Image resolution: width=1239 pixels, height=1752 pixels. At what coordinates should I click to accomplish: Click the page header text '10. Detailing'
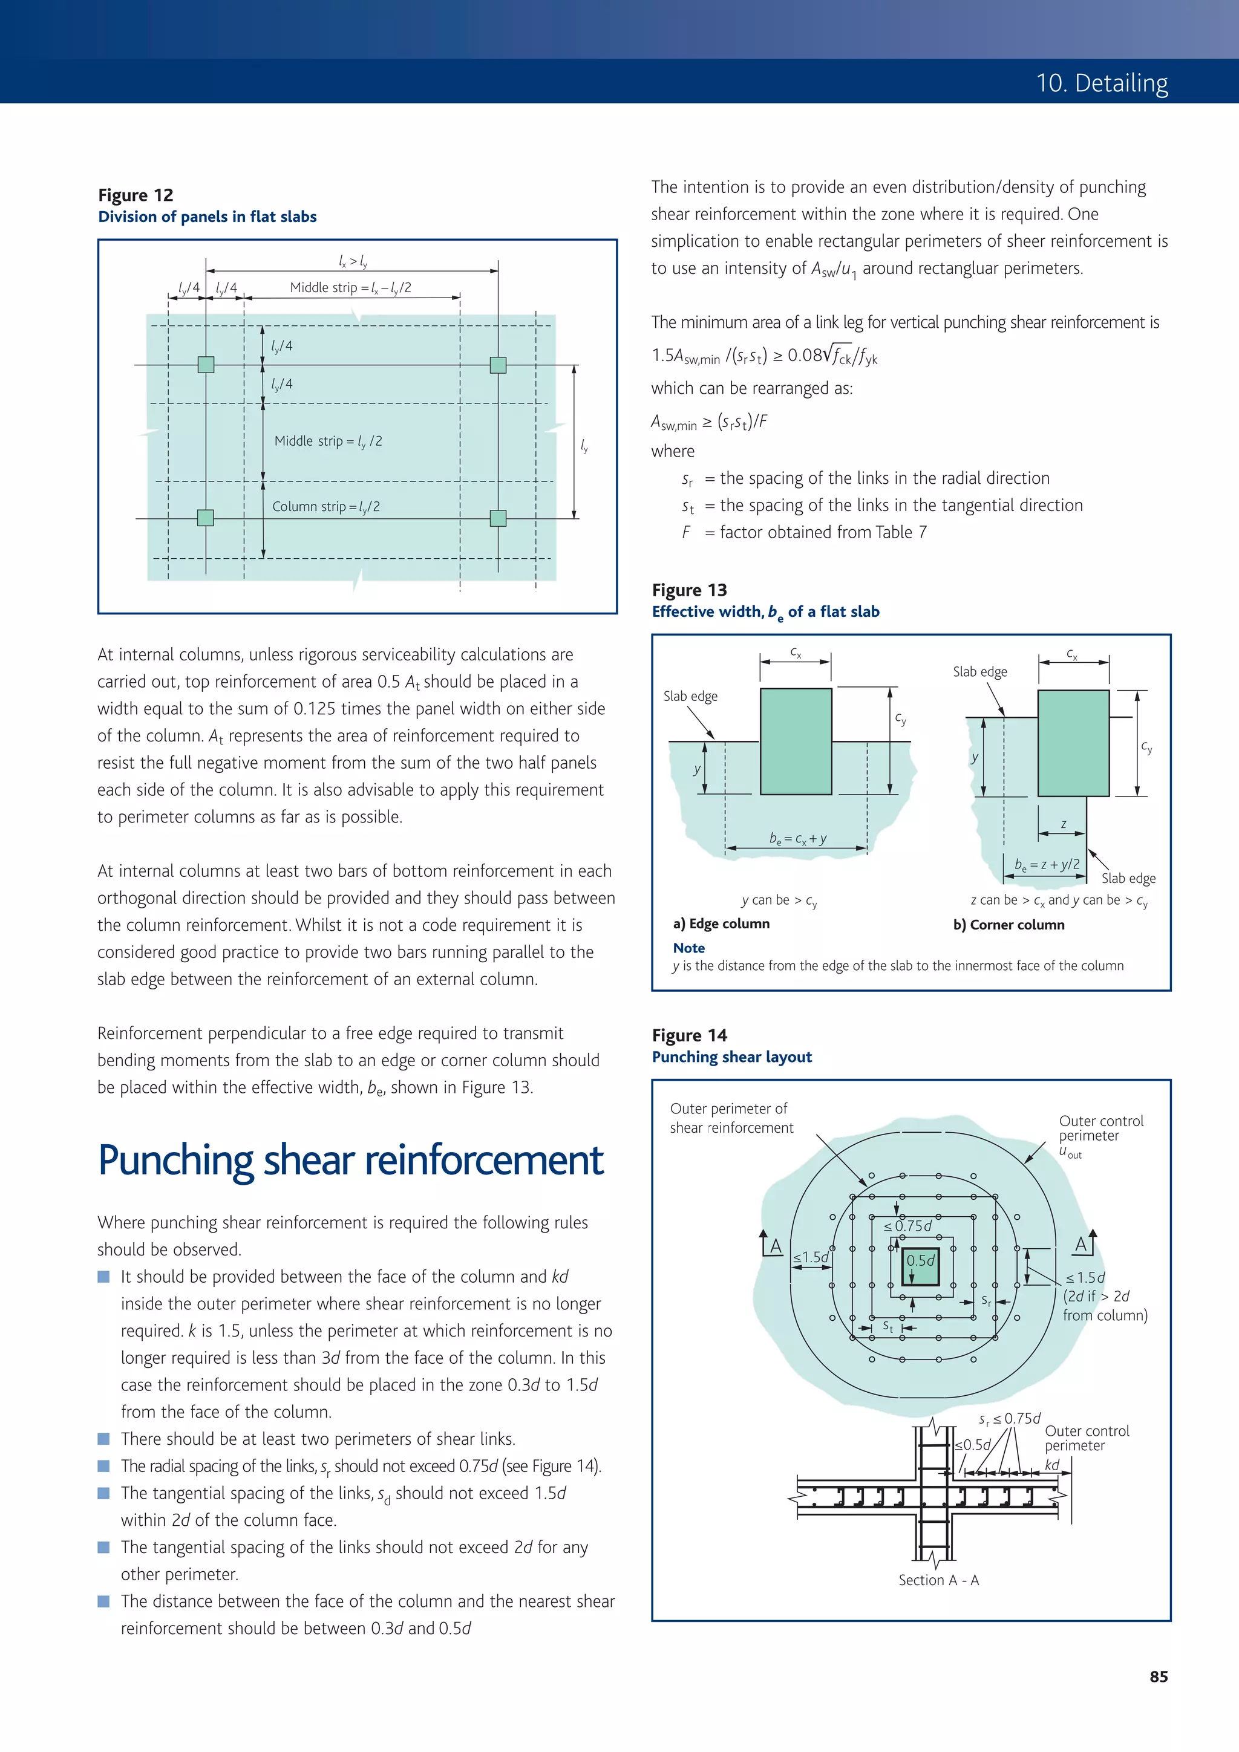[x=1102, y=82]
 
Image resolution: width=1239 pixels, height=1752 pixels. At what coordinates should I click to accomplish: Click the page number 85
[x=1158, y=1676]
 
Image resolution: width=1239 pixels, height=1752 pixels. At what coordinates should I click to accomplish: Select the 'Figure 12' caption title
[x=136, y=195]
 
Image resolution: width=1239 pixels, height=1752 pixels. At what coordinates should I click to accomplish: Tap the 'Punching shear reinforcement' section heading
[x=350, y=1161]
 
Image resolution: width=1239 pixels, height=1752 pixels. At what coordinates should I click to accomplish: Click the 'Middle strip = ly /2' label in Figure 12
[x=329, y=441]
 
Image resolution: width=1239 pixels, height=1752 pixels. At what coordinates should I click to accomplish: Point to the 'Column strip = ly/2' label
[x=326, y=507]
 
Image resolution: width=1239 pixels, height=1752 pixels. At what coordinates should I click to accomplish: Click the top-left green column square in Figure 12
[x=206, y=365]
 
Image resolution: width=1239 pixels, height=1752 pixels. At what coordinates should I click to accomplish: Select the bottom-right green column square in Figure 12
[x=498, y=518]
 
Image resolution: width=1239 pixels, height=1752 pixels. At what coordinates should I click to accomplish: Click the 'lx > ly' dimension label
[x=353, y=262]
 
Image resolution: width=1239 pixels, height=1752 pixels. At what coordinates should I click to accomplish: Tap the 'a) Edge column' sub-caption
[x=721, y=923]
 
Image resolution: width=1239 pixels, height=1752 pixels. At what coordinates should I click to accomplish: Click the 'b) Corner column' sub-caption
[x=1009, y=924]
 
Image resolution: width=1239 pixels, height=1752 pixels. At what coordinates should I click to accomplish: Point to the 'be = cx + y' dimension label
[x=798, y=839]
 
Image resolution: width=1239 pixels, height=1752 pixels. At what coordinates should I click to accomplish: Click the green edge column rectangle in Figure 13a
[x=796, y=741]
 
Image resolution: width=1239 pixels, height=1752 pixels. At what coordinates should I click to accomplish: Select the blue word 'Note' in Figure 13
[x=688, y=948]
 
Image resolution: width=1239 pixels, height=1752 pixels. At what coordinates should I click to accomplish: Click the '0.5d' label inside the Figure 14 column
[x=920, y=1260]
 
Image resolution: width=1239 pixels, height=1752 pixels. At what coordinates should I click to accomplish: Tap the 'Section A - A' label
[x=938, y=1580]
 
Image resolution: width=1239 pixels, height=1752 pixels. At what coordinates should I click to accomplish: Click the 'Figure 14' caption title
[x=689, y=1035]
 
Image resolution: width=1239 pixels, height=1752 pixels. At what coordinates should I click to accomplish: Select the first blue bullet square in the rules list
[x=104, y=1277]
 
